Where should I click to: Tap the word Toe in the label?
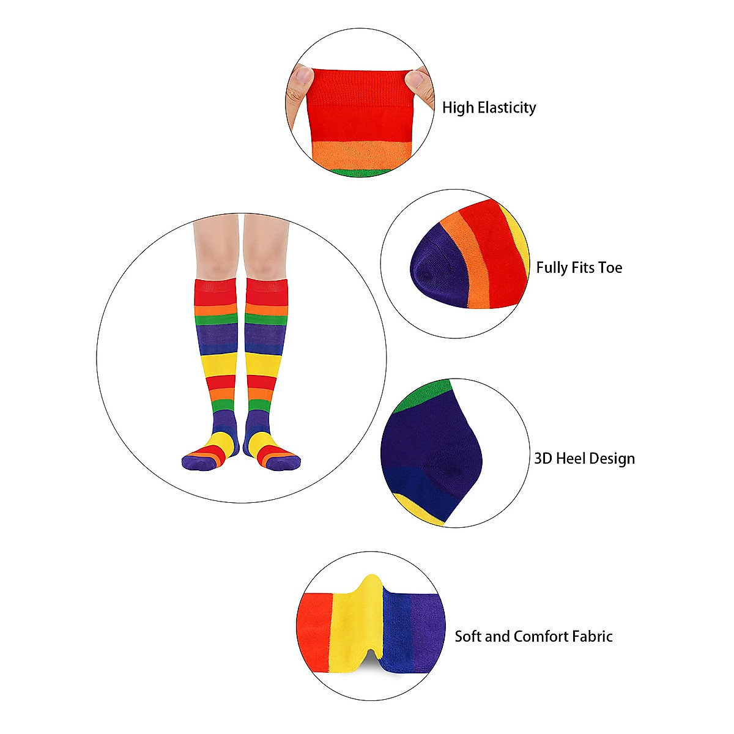click(610, 268)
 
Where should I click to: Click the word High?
click(458, 108)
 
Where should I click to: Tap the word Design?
click(614, 459)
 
